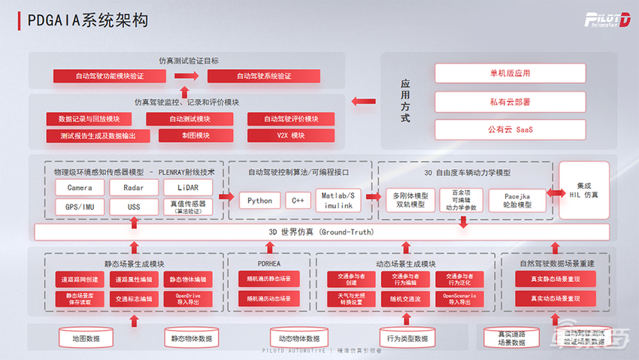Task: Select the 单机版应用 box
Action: coord(510,74)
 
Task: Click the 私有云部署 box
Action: coord(510,101)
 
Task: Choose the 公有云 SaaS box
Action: coord(510,129)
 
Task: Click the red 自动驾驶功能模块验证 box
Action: coord(109,76)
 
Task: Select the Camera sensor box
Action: coord(80,187)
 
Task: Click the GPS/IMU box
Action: coord(80,207)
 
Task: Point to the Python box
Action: coord(259,201)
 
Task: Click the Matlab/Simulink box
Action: coord(339,201)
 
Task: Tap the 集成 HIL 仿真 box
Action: coord(583,190)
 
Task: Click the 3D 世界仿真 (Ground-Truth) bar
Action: coord(321,232)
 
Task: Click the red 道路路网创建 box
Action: coord(79,280)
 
